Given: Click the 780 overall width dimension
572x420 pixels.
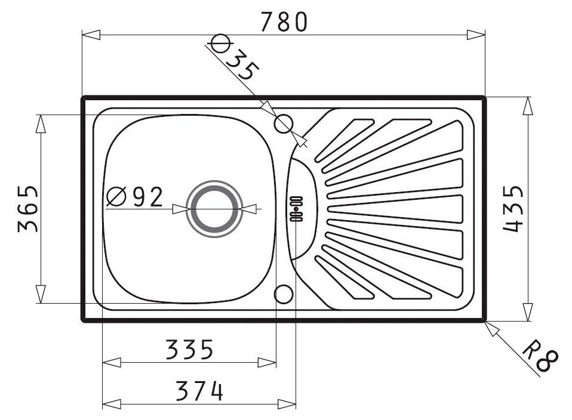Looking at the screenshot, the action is [x=284, y=22].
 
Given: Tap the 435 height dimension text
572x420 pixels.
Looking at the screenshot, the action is [x=513, y=209].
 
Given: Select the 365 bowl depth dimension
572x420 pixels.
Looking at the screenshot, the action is [x=27, y=209].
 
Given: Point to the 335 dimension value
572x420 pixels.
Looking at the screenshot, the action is [x=189, y=349].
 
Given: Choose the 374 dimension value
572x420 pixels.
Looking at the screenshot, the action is [x=199, y=391].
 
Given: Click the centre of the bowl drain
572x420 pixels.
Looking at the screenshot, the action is [x=214, y=209].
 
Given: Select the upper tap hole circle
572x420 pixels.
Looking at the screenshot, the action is [x=284, y=124].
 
